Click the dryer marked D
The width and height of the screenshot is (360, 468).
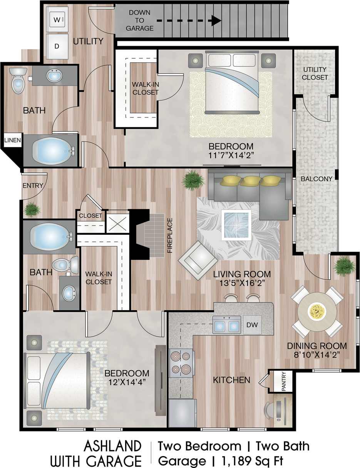pos(57,46)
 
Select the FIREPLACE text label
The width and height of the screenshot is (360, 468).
pos(169,235)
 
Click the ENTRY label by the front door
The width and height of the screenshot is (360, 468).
pos(33,186)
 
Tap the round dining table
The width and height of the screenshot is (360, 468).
pos(317,311)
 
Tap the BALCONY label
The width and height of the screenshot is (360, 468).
pos(316,179)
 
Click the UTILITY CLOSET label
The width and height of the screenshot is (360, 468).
pos(315,73)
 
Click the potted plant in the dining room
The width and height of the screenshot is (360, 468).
pos(343,266)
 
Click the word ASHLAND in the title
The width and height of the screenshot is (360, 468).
pos(112,446)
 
